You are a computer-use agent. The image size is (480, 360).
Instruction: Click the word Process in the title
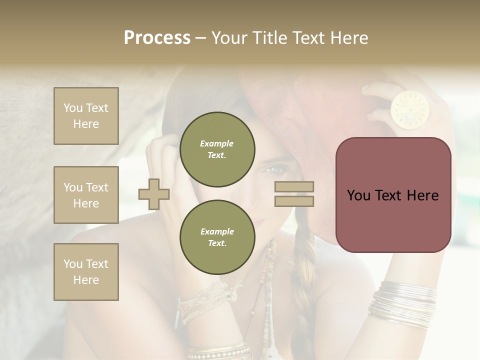pyautogui.click(x=157, y=38)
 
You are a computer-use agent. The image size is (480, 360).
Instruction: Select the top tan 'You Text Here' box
pyautogui.click(x=86, y=116)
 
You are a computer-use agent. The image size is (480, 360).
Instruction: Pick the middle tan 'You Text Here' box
pyautogui.click(x=86, y=195)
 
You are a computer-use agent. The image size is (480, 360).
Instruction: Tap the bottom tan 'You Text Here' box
pyautogui.click(x=86, y=272)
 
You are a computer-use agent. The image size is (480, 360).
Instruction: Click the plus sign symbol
pyautogui.click(x=154, y=194)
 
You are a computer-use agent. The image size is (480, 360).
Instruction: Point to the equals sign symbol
pyautogui.click(x=294, y=194)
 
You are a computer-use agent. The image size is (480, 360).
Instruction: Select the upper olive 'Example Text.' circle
pyautogui.click(x=217, y=149)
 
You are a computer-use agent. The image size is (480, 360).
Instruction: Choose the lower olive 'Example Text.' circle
pyautogui.click(x=217, y=237)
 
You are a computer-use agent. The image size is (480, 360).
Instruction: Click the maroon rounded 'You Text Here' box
pyautogui.click(x=393, y=195)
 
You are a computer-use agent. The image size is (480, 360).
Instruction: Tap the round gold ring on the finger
pyautogui.click(x=409, y=107)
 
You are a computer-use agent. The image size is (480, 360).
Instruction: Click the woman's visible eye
pyautogui.click(x=272, y=170)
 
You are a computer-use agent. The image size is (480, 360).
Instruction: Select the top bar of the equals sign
pyautogui.click(x=294, y=187)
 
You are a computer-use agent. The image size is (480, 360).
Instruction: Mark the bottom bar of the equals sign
pyautogui.click(x=294, y=201)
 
